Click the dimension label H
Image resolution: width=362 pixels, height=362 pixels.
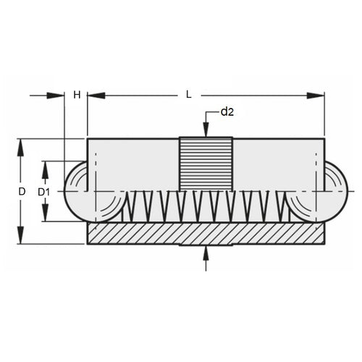(77, 95)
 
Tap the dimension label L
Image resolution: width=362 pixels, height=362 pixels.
(188, 95)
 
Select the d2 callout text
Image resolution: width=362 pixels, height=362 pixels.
(227, 111)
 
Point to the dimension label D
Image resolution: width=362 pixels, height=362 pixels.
(22, 191)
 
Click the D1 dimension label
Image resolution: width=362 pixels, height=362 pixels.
(44, 192)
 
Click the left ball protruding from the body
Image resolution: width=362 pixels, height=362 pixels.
(75, 191)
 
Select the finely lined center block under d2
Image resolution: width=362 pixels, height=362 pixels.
(206, 164)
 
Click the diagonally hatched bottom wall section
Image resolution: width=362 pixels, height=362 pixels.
(206, 233)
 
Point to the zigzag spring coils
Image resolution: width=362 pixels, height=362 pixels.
(206, 206)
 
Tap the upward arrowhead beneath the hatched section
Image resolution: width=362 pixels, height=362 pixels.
(206, 252)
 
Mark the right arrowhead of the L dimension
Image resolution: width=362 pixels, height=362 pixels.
(316, 95)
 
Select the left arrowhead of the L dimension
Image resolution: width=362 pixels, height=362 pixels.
(96, 95)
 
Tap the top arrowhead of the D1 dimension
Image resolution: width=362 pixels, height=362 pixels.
(45, 169)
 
